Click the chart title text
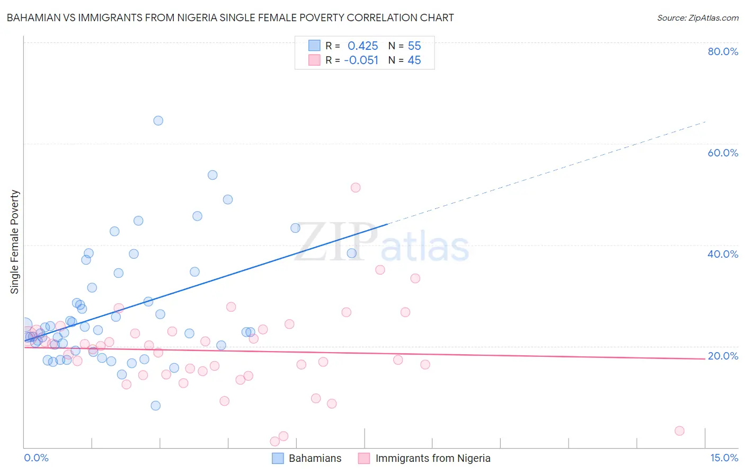tap(230, 17)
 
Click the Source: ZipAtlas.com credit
tap(697, 17)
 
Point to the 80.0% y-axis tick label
tap(723, 51)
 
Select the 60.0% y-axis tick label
tap(723, 153)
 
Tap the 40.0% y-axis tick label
tap(723, 254)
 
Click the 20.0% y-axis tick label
tap(723, 356)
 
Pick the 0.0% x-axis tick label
tap(36, 458)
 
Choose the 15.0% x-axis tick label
tap(724, 458)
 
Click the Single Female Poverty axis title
tap(15, 242)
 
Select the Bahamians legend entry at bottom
tap(307, 458)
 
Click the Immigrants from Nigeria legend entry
tap(424, 458)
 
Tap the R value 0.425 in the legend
tap(363, 46)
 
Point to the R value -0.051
tap(361, 60)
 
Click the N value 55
tap(414, 46)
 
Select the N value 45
tap(414, 60)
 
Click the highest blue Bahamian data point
tap(158, 120)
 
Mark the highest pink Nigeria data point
tap(356, 188)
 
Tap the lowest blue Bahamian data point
tap(155, 406)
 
